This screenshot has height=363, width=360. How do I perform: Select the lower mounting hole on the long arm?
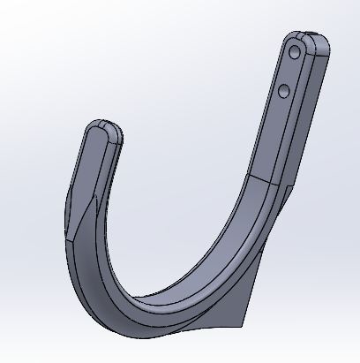coord(283,90)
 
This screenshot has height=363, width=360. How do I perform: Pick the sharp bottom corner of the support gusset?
coord(243,325)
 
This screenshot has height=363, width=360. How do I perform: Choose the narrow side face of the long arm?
coord(304,115)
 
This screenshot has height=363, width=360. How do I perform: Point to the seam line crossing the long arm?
coord(265,181)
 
